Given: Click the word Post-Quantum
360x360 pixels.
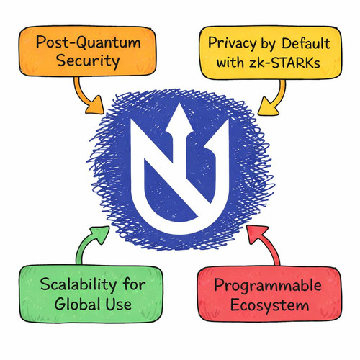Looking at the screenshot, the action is (x=88, y=42).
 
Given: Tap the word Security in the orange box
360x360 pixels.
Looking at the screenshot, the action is (x=88, y=61).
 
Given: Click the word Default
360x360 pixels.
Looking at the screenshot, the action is (x=306, y=44).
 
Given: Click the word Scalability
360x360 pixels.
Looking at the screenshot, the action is (x=78, y=285).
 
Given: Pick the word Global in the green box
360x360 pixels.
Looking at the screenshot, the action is (x=76, y=304).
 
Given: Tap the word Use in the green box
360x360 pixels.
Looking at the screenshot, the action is (x=118, y=305).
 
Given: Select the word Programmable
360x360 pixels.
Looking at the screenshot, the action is (x=268, y=287).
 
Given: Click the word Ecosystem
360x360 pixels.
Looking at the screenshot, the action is (x=269, y=305).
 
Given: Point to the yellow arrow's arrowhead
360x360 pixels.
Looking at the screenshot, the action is (x=268, y=107).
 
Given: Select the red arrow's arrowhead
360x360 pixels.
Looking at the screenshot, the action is (x=257, y=234).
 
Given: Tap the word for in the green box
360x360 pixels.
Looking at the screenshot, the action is (x=135, y=284).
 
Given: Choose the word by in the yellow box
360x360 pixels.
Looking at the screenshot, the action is (x=266, y=45).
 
